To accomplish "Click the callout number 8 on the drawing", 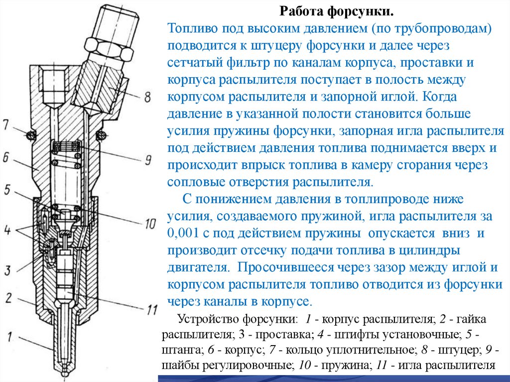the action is pos(147,97).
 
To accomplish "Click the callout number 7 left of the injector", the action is pos(5,125).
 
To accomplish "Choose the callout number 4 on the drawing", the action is pos(6,231).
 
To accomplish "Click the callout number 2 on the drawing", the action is pos(7,298).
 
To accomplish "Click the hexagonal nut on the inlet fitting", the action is pos(114,47).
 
